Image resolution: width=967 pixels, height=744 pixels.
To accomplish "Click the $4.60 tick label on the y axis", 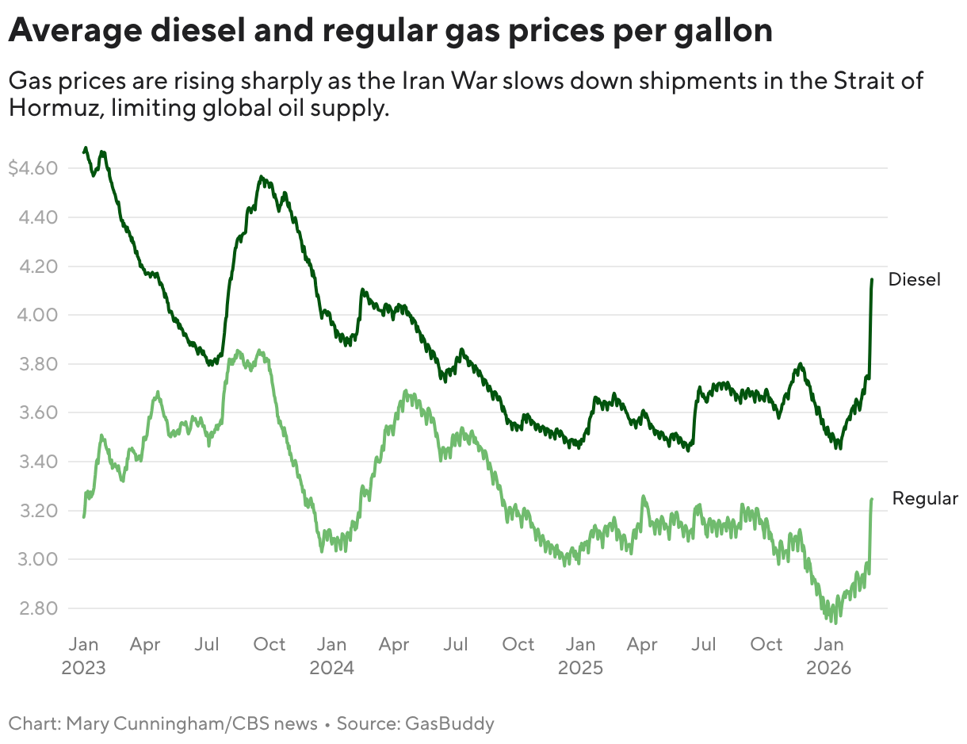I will (x=32, y=168).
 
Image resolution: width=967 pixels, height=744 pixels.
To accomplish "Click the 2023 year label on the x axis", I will (x=83, y=668).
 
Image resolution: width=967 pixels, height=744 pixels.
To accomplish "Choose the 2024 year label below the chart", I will (x=332, y=668).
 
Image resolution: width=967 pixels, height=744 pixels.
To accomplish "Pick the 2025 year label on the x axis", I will (x=581, y=668).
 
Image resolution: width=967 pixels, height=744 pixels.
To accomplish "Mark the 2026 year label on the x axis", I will (x=829, y=668).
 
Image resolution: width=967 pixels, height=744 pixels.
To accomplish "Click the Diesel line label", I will (x=914, y=279).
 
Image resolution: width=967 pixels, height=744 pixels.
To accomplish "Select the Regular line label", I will (x=925, y=498).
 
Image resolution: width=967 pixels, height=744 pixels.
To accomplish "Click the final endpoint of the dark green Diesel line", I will (x=872, y=279).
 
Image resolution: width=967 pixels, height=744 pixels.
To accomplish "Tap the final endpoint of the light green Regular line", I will (x=872, y=499).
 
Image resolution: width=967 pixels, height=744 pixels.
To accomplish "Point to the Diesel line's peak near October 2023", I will (x=262, y=178).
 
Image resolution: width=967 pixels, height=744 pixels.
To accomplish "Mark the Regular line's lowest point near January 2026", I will (x=835, y=623).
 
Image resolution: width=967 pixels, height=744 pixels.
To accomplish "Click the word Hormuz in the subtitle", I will (x=52, y=108).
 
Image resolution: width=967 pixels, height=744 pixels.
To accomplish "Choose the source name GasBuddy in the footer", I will (x=449, y=723).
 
